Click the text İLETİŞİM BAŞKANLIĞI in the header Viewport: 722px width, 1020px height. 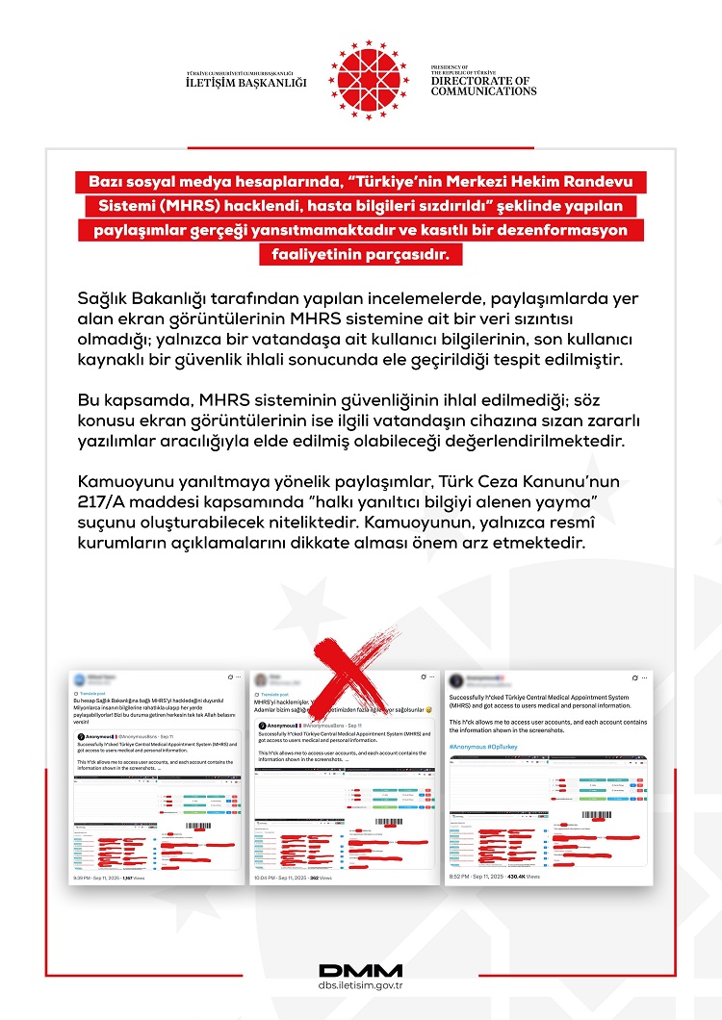click(x=245, y=83)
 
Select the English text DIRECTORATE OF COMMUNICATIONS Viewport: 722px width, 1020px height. click(x=483, y=86)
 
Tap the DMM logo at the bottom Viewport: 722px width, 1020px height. click(x=360, y=970)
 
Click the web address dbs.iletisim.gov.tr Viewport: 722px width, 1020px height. click(x=360, y=986)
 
